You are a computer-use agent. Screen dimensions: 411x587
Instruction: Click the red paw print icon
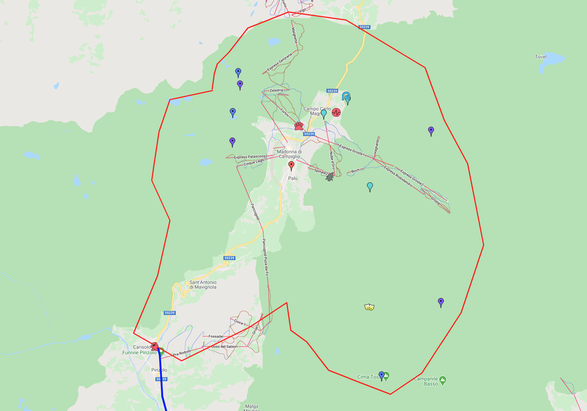[x=299, y=126]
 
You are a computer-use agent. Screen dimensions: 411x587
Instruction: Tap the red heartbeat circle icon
[x=336, y=112]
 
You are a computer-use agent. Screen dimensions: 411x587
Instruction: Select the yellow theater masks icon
[x=369, y=307]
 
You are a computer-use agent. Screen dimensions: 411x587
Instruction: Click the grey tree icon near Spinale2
[x=330, y=177]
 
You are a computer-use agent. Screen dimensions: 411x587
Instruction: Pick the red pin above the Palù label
[x=291, y=165]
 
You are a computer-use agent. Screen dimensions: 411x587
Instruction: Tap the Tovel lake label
[x=540, y=57]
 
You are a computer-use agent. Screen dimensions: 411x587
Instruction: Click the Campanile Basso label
[x=426, y=381]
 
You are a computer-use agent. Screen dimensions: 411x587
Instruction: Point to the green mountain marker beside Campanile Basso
[x=443, y=380]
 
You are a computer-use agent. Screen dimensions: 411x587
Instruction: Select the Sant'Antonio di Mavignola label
[x=203, y=285]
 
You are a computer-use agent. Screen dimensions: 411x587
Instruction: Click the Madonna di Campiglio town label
[x=289, y=154]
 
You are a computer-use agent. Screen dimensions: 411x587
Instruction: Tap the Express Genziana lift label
[x=279, y=62]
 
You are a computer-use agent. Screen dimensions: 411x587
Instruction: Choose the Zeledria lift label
[x=276, y=90]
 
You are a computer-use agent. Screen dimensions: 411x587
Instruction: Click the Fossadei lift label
[x=216, y=336]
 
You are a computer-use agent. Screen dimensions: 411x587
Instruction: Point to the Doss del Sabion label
[x=224, y=347]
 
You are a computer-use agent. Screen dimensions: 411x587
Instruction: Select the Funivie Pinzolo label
[x=139, y=352]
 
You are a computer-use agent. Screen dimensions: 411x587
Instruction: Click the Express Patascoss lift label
[x=250, y=157]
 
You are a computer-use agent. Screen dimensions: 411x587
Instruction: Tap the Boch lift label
[x=355, y=171]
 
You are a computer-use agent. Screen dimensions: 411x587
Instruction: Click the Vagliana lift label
[x=377, y=147]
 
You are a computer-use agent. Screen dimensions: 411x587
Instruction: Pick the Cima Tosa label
[x=368, y=377]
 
